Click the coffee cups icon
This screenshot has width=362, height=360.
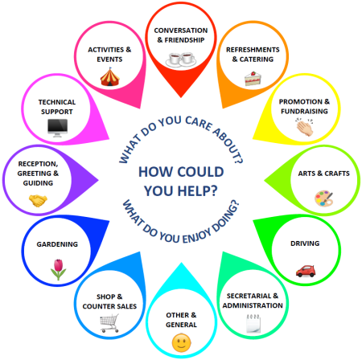pos(181,59)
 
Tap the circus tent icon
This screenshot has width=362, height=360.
pos(109,77)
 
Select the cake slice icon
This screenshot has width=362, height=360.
pos(253,79)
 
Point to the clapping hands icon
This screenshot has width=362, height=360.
pos(305,127)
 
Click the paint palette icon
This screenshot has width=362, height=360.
pos(323,198)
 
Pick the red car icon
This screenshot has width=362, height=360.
pos(306,271)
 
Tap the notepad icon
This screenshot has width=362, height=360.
pos(253,324)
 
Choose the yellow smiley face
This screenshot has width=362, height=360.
pos(181,343)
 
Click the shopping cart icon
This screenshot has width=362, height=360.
pos(109,323)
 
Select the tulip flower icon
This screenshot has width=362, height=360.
pos(58,269)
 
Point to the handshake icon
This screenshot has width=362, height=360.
pos(38,201)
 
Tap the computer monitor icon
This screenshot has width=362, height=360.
pos(57,128)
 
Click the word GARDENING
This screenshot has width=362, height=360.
pos(57,244)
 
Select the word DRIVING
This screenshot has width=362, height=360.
pos(305,243)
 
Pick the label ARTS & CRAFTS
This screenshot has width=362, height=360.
pos(323,174)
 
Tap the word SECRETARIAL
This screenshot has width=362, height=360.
pos(245,296)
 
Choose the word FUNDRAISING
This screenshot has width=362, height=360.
pos(304,111)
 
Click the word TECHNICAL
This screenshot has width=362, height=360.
pos(57,102)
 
